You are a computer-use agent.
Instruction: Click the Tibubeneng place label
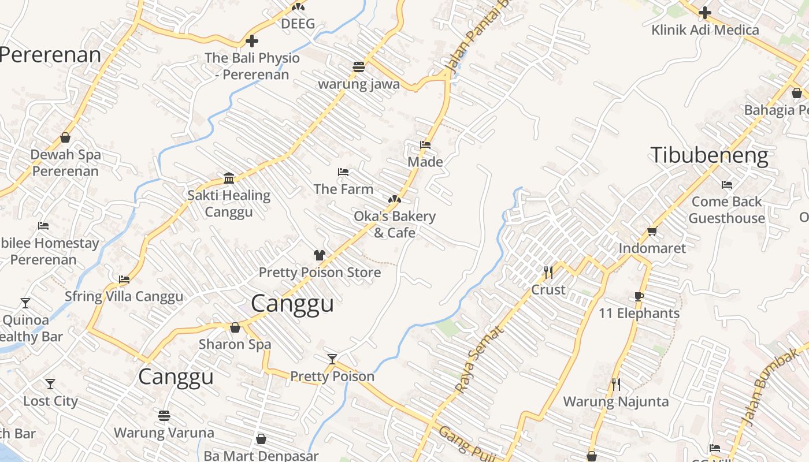pyautogui.click(x=709, y=155)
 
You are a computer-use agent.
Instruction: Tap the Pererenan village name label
pyautogui.click(x=50, y=55)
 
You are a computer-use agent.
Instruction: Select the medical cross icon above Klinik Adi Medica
pyautogui.click(x=705, y=12)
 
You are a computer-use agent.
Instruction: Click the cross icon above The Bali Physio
pyautogui.click(x=252, y=41)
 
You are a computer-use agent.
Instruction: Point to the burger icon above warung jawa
pyautogui.click(x=359, y=66)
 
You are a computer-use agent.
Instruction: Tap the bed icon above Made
pyautogui.click(x=425, y=145)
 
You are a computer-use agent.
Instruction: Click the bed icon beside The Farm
pyautogui.click(x=343, y=172)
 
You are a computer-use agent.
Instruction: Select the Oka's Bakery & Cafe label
pyautogui.click(x=395, y=224)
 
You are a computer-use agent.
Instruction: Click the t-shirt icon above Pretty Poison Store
pyautogui.click(x=320, y=255)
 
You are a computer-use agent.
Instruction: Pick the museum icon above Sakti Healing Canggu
pyautogui.click(x=229, y=177)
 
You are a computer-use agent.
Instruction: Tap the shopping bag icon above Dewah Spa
pyautogui.click(x=65, y=137)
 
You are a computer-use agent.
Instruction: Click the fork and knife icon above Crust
pyautogui.click(x=548, y=272)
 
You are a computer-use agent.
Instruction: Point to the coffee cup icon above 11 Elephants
pyautogui.click(x=639, y=296)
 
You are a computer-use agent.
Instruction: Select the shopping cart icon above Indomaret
pyautogui.click(x=652, y=231)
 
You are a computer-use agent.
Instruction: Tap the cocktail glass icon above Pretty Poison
pyautogui.click(x=332, y=359)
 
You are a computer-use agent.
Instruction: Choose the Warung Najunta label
pyautogui.click(x=616, y=401)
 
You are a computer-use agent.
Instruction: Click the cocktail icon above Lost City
pyautogui.click(x=50, y=383)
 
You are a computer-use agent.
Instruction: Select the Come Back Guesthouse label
pyautogui.click(x=726, y=210)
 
